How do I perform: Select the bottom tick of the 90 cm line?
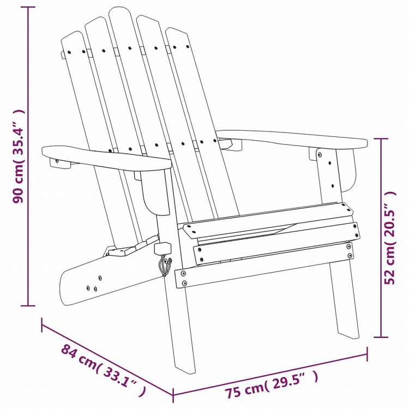tap(28, 304)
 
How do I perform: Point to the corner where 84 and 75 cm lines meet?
tap(173, 394)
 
